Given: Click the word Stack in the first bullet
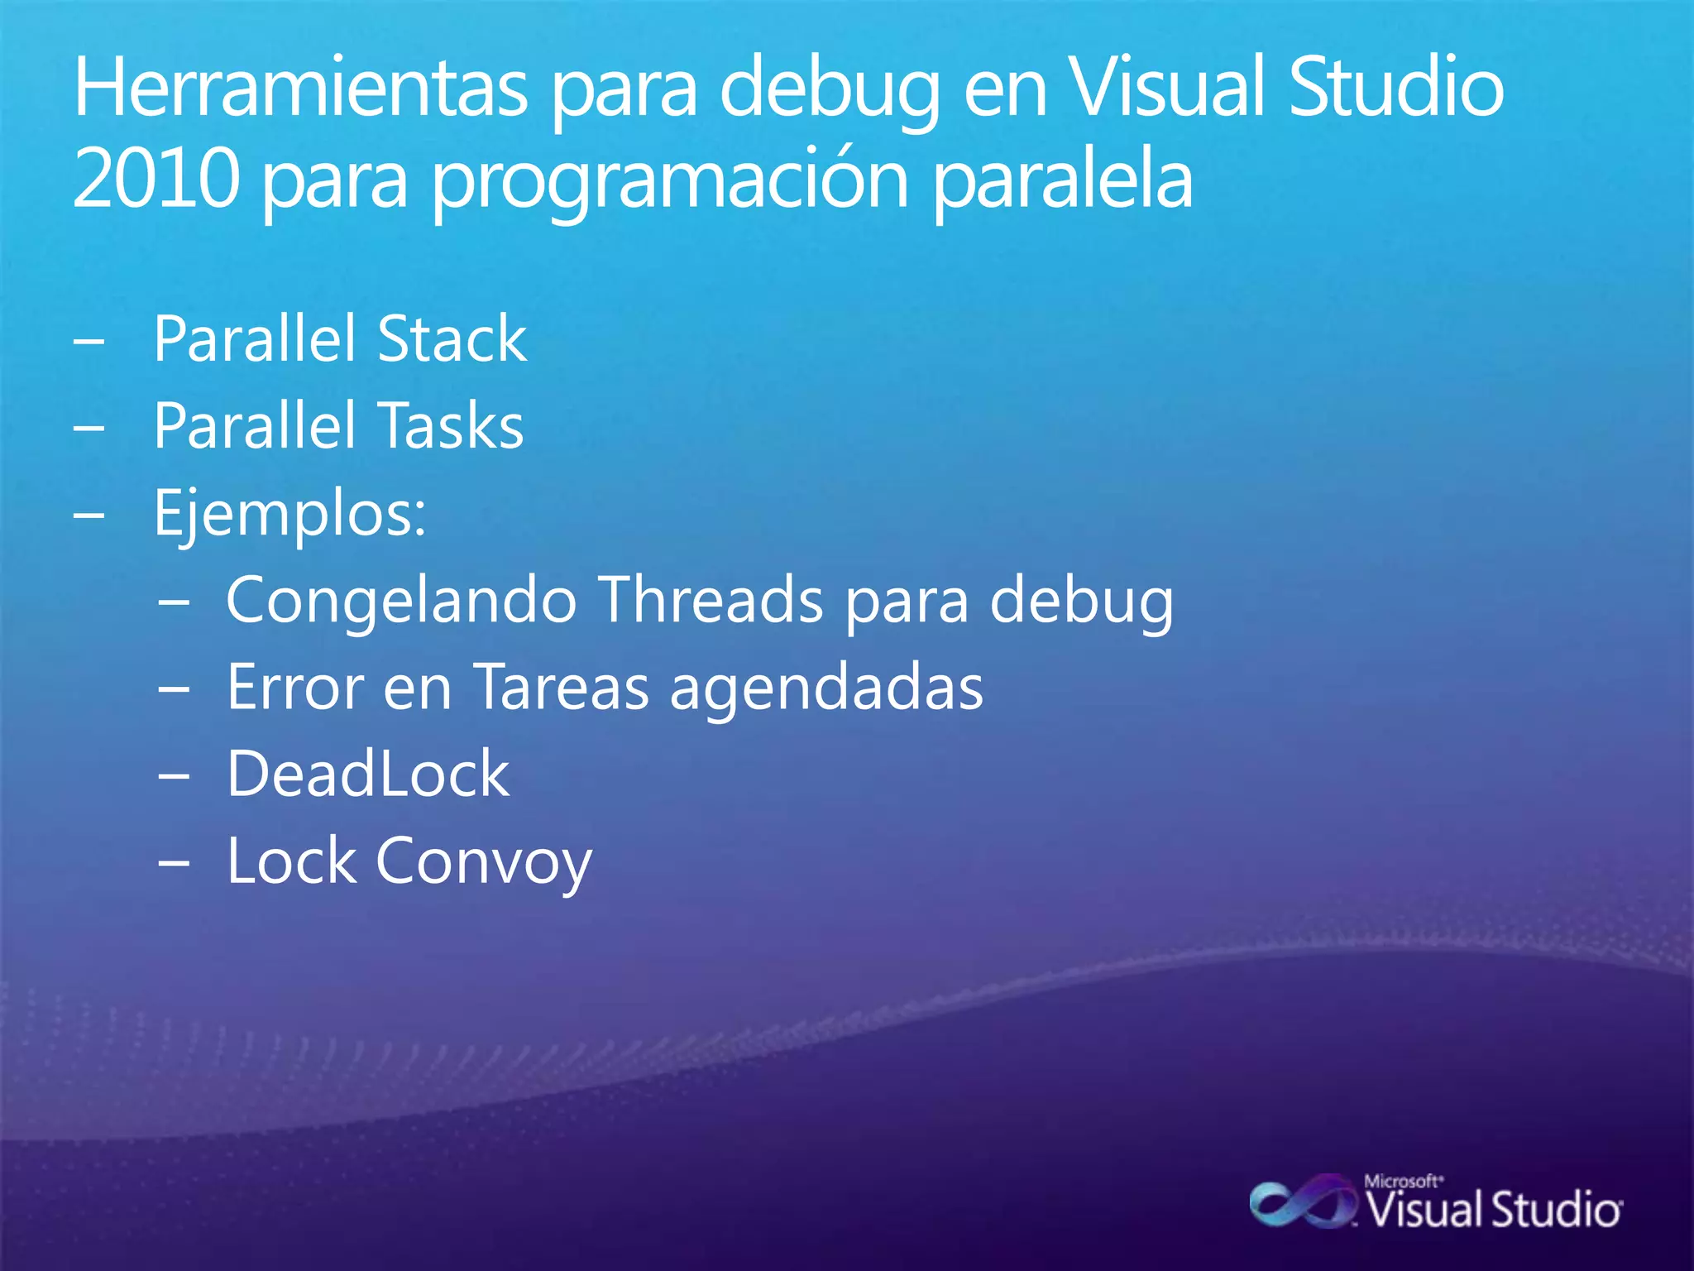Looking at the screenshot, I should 452,339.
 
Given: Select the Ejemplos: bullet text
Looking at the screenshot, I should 290,513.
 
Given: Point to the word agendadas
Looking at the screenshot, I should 826,688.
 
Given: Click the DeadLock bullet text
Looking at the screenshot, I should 368,774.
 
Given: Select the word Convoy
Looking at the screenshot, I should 484,862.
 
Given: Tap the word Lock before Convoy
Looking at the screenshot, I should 290,861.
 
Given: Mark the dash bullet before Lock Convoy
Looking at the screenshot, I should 175,862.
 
